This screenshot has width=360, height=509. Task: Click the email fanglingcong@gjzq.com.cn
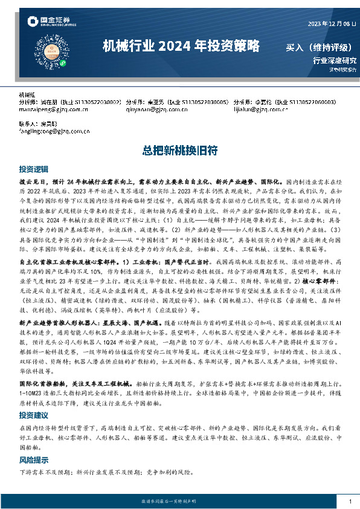[54, 131]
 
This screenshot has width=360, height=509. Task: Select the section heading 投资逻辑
[33, 169]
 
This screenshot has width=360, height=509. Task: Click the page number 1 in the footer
[350, 502]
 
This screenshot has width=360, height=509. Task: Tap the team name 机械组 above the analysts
[28, 96]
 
